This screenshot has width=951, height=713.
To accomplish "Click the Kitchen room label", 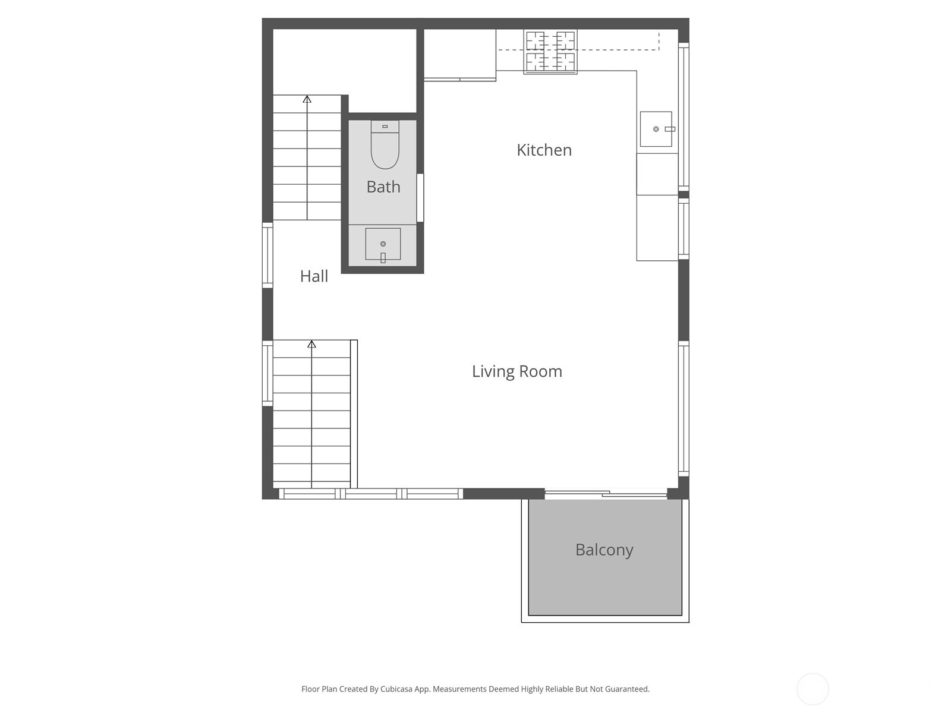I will click(544, 150).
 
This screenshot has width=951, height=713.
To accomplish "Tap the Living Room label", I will click(517, 371).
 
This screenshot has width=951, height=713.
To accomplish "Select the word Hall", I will click(314, 276).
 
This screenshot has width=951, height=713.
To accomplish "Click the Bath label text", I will click(383, 187).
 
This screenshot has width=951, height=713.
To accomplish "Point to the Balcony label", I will click(604, 550).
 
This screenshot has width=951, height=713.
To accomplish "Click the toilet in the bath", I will click(385, 146).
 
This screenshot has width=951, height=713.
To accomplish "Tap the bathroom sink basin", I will click(383, 244).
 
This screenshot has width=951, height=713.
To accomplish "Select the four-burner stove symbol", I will click(550, 52).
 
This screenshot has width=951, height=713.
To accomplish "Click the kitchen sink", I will click(656, 129).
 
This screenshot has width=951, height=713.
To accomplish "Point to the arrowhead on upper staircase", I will click(307, 99).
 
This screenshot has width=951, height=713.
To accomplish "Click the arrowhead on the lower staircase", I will click(311, 344).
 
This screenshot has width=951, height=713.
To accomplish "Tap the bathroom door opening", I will click(420, 197).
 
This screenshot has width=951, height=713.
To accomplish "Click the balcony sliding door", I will click(606, 494).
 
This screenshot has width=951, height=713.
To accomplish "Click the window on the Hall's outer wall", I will click(267, 255).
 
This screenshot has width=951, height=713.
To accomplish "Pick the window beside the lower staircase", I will click(267, 373).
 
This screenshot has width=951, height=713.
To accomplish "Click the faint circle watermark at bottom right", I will click(813, 689).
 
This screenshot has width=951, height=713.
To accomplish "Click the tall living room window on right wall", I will click(684, 408).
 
